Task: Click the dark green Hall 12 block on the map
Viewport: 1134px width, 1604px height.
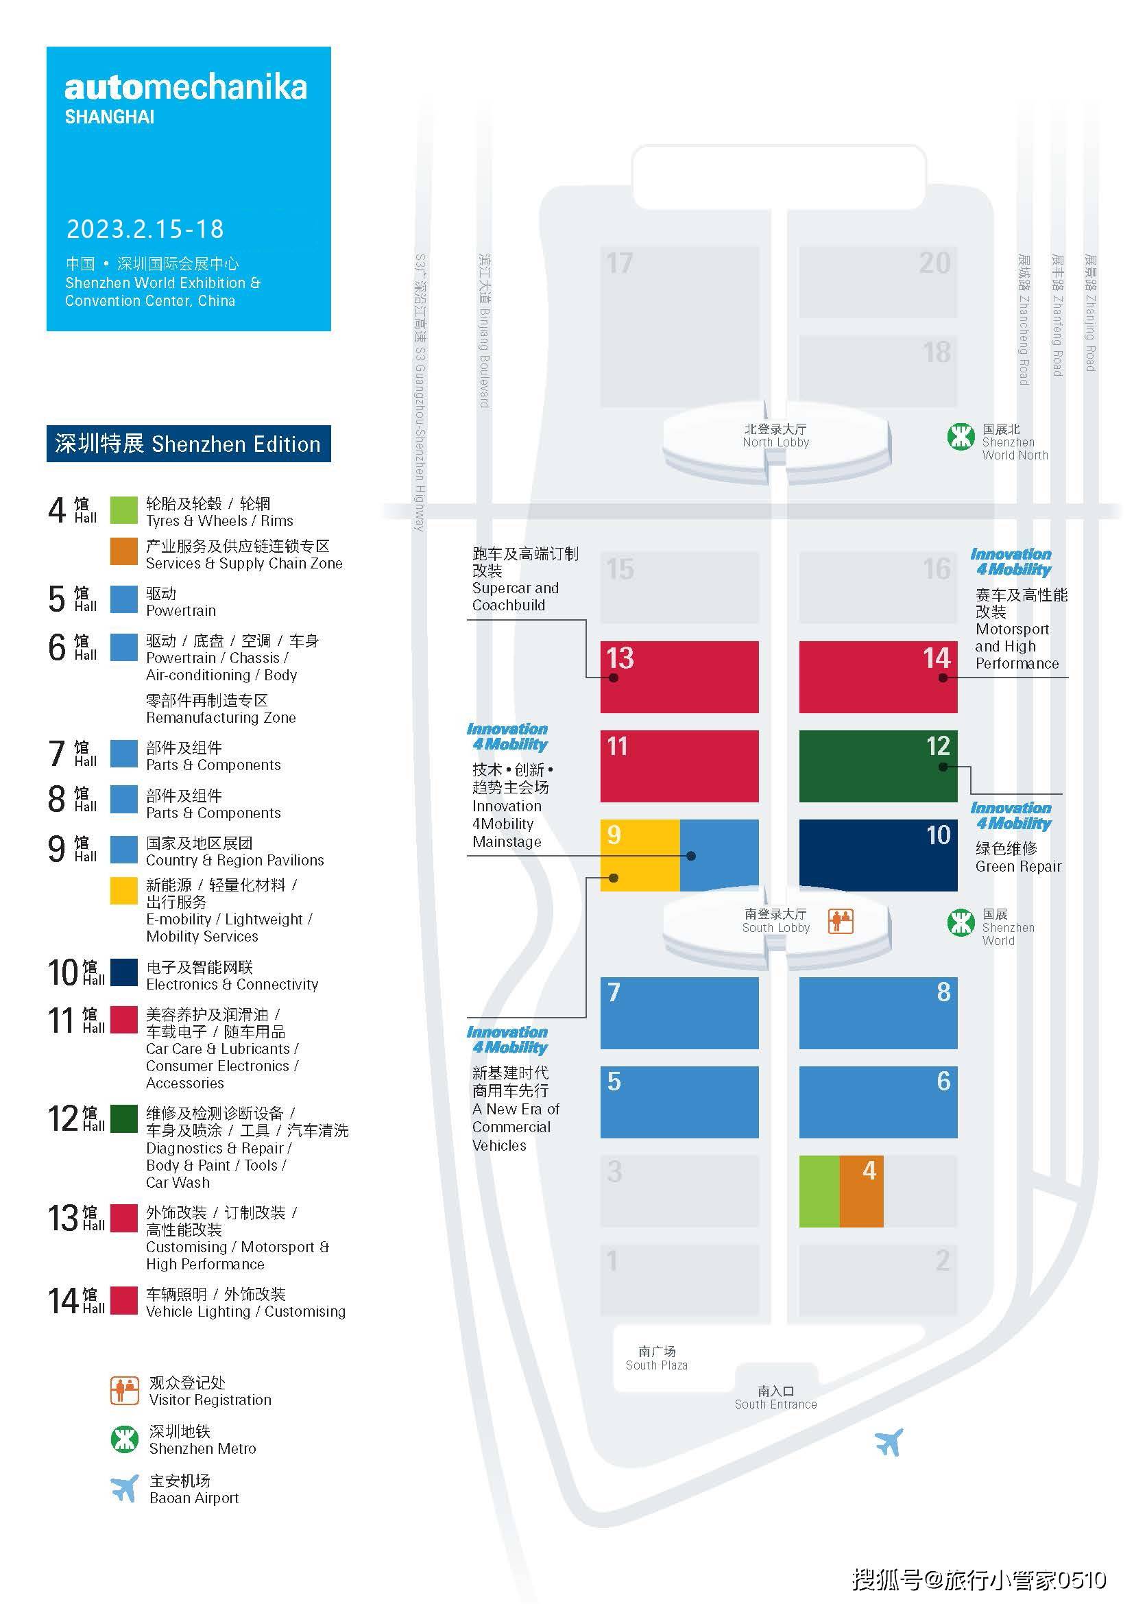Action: [878, 766]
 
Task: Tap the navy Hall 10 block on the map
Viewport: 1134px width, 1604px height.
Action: [878, 855]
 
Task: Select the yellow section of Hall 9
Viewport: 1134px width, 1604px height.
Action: [640, 855]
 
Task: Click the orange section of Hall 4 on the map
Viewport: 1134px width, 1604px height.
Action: [861, 1191]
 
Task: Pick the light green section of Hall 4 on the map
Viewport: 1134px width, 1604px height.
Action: [819, 1191]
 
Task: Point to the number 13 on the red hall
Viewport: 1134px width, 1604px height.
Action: [620, 658]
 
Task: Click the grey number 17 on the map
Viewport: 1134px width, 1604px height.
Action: [619, 263]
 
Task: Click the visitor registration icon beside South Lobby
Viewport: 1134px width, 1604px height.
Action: [841, 921]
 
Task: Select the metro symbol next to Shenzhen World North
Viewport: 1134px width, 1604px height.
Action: [961, 437]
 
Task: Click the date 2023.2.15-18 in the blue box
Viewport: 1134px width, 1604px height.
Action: [145, 229]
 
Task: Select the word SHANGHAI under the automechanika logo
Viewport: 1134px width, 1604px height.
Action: [110, 117]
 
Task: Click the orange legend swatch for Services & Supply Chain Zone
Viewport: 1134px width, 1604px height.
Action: [123, 551]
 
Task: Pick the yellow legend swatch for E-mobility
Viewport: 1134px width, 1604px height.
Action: [123, 891]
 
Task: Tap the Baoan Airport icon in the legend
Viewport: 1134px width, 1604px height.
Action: [124, 1489]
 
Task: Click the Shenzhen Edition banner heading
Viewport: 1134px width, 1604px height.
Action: [189, 444]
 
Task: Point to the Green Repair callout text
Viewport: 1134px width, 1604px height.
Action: [1018, 857]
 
